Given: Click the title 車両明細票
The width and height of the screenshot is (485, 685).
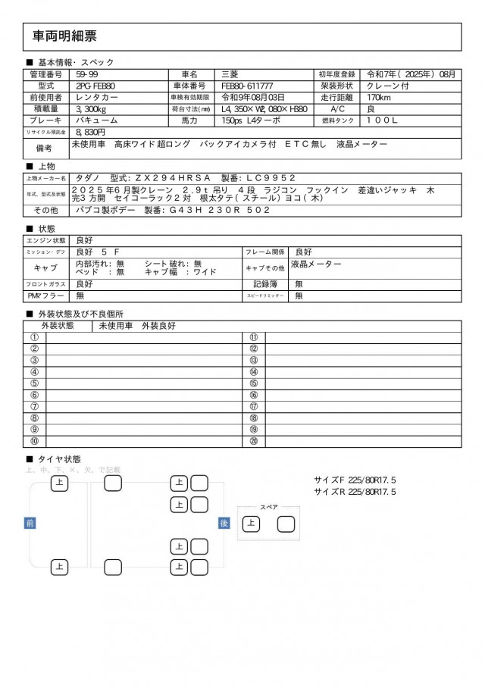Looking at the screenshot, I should click(64, 36).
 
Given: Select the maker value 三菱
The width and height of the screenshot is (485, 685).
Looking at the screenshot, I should click(228, 75).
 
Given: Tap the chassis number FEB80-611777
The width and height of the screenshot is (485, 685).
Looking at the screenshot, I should click(247, 86).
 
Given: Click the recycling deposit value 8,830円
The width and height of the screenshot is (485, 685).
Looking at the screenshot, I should click(89, 132).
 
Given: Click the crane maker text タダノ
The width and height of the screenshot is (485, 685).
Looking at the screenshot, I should click(86, 177).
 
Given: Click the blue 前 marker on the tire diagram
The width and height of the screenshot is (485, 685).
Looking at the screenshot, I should click(30, 523).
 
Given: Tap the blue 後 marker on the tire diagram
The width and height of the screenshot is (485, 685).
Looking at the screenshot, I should click(224, 523).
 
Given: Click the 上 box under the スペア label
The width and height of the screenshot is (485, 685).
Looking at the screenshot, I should click(250, 523).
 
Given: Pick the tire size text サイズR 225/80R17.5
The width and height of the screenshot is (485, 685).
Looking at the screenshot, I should click(355, 492).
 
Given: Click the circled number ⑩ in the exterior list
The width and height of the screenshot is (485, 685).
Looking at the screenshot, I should click(34, 441).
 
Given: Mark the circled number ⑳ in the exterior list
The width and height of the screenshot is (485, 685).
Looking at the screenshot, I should click(253, 441).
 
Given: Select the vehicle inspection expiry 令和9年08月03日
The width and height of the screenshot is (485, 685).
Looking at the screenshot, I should click(252, 98).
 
